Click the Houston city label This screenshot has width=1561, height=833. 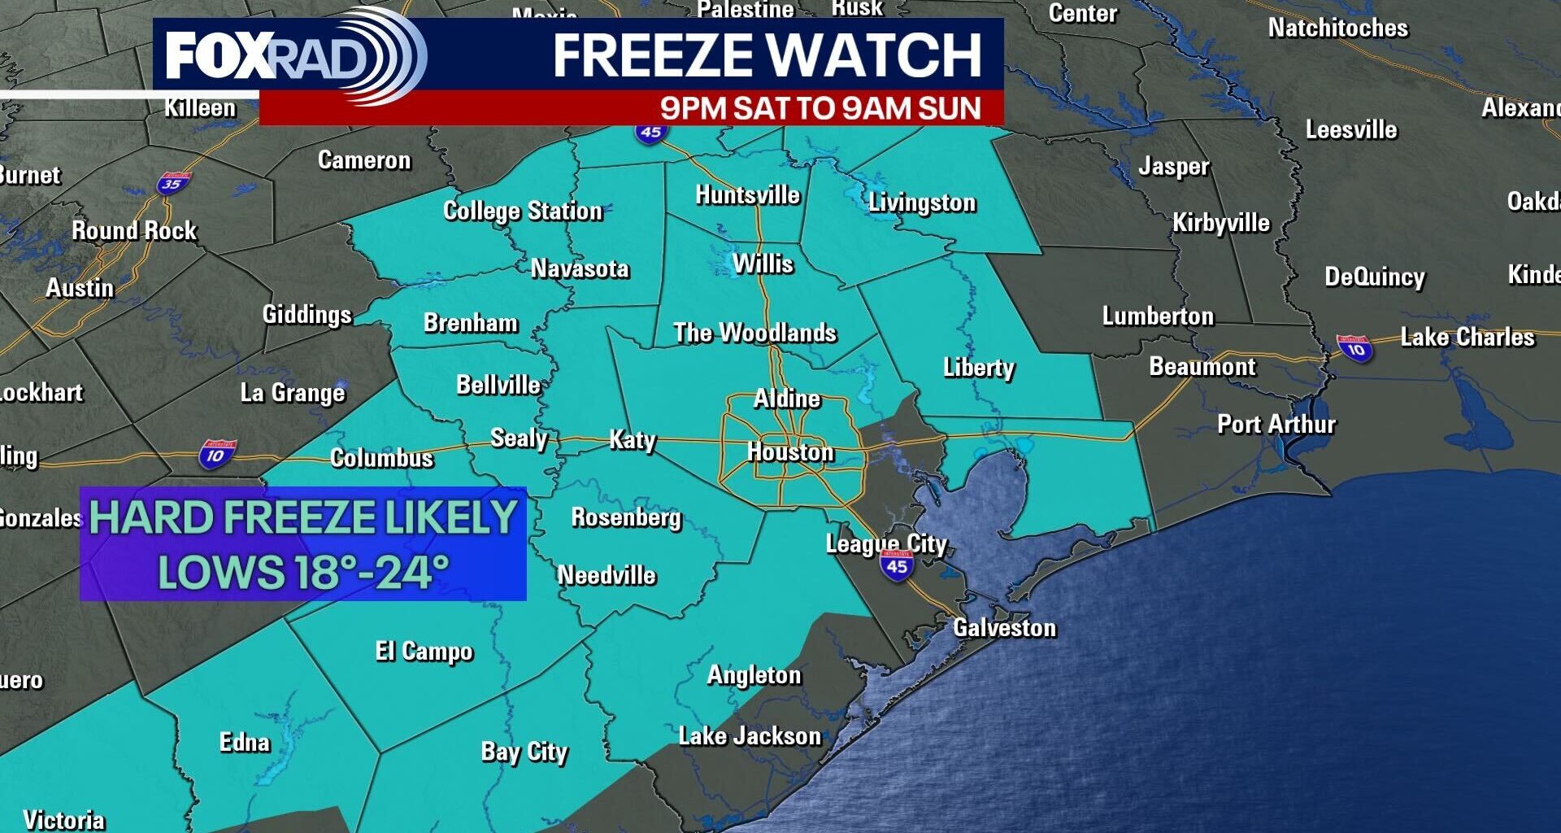[x=790, y=452]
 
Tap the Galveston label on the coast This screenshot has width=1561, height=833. [x=1004, y=628]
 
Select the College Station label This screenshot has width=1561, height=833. [x=523, y=212]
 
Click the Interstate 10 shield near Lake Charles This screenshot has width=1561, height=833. [x=1354, y=348]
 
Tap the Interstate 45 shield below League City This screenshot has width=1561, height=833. [x=897, y=565]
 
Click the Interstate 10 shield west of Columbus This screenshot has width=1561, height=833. [x=217, y=454]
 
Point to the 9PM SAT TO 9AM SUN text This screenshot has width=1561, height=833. [x=820, y=108]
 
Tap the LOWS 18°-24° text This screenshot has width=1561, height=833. [x=303, y=571]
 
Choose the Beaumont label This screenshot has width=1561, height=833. [x=1202, y=367]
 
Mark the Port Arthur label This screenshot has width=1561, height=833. [x=1276, y=425]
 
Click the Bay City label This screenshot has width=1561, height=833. [x=524, y=752]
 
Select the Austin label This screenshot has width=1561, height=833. [x=80, y=288]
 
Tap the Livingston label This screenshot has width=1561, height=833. [x=921, y=203]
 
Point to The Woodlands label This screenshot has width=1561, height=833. [x=754, y=333]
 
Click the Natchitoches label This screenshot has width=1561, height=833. [x=1337, y=28]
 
